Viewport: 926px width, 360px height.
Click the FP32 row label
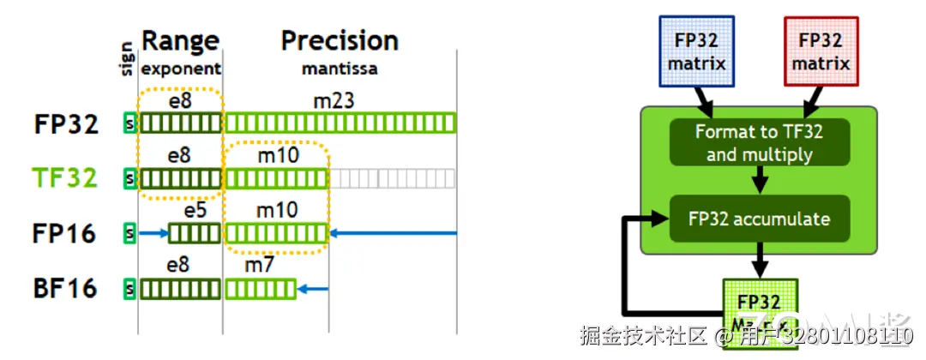coord(65,123)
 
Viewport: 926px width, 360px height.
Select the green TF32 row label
coord(65,177)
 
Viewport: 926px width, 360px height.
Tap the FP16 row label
coord(65,232)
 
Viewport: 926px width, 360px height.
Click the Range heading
coord(180,40)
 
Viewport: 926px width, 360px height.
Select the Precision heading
coord(340,40)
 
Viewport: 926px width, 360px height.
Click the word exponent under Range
coord(180,68)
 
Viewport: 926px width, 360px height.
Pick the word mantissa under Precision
coord(340,68)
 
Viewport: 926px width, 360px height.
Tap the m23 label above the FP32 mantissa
coord(334,102)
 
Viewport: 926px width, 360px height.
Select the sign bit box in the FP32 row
coord(130,123)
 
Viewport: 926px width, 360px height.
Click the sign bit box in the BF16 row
coord(130,288)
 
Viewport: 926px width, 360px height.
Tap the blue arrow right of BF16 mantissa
coord(316,288)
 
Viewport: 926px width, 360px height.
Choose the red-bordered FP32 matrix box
coord(821,52)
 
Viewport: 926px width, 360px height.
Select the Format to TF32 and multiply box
coord(759,142)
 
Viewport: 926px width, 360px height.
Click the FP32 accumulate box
coord(759,218)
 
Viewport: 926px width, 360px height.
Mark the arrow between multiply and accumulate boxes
coord(759,180)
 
